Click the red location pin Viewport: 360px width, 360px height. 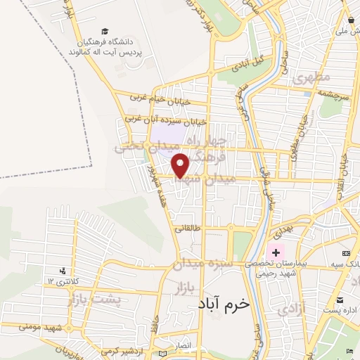[x=181, y=165]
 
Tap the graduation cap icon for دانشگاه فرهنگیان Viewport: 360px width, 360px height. [x=105, y=32]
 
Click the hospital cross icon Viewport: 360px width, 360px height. [x=276, y=252]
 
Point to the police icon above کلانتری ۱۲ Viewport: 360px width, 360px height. [x=63, y=270]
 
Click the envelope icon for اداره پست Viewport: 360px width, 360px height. [x=339, y=298]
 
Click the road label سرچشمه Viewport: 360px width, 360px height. [x=333, y=93]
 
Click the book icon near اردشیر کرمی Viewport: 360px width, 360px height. [x=164, y=352]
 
